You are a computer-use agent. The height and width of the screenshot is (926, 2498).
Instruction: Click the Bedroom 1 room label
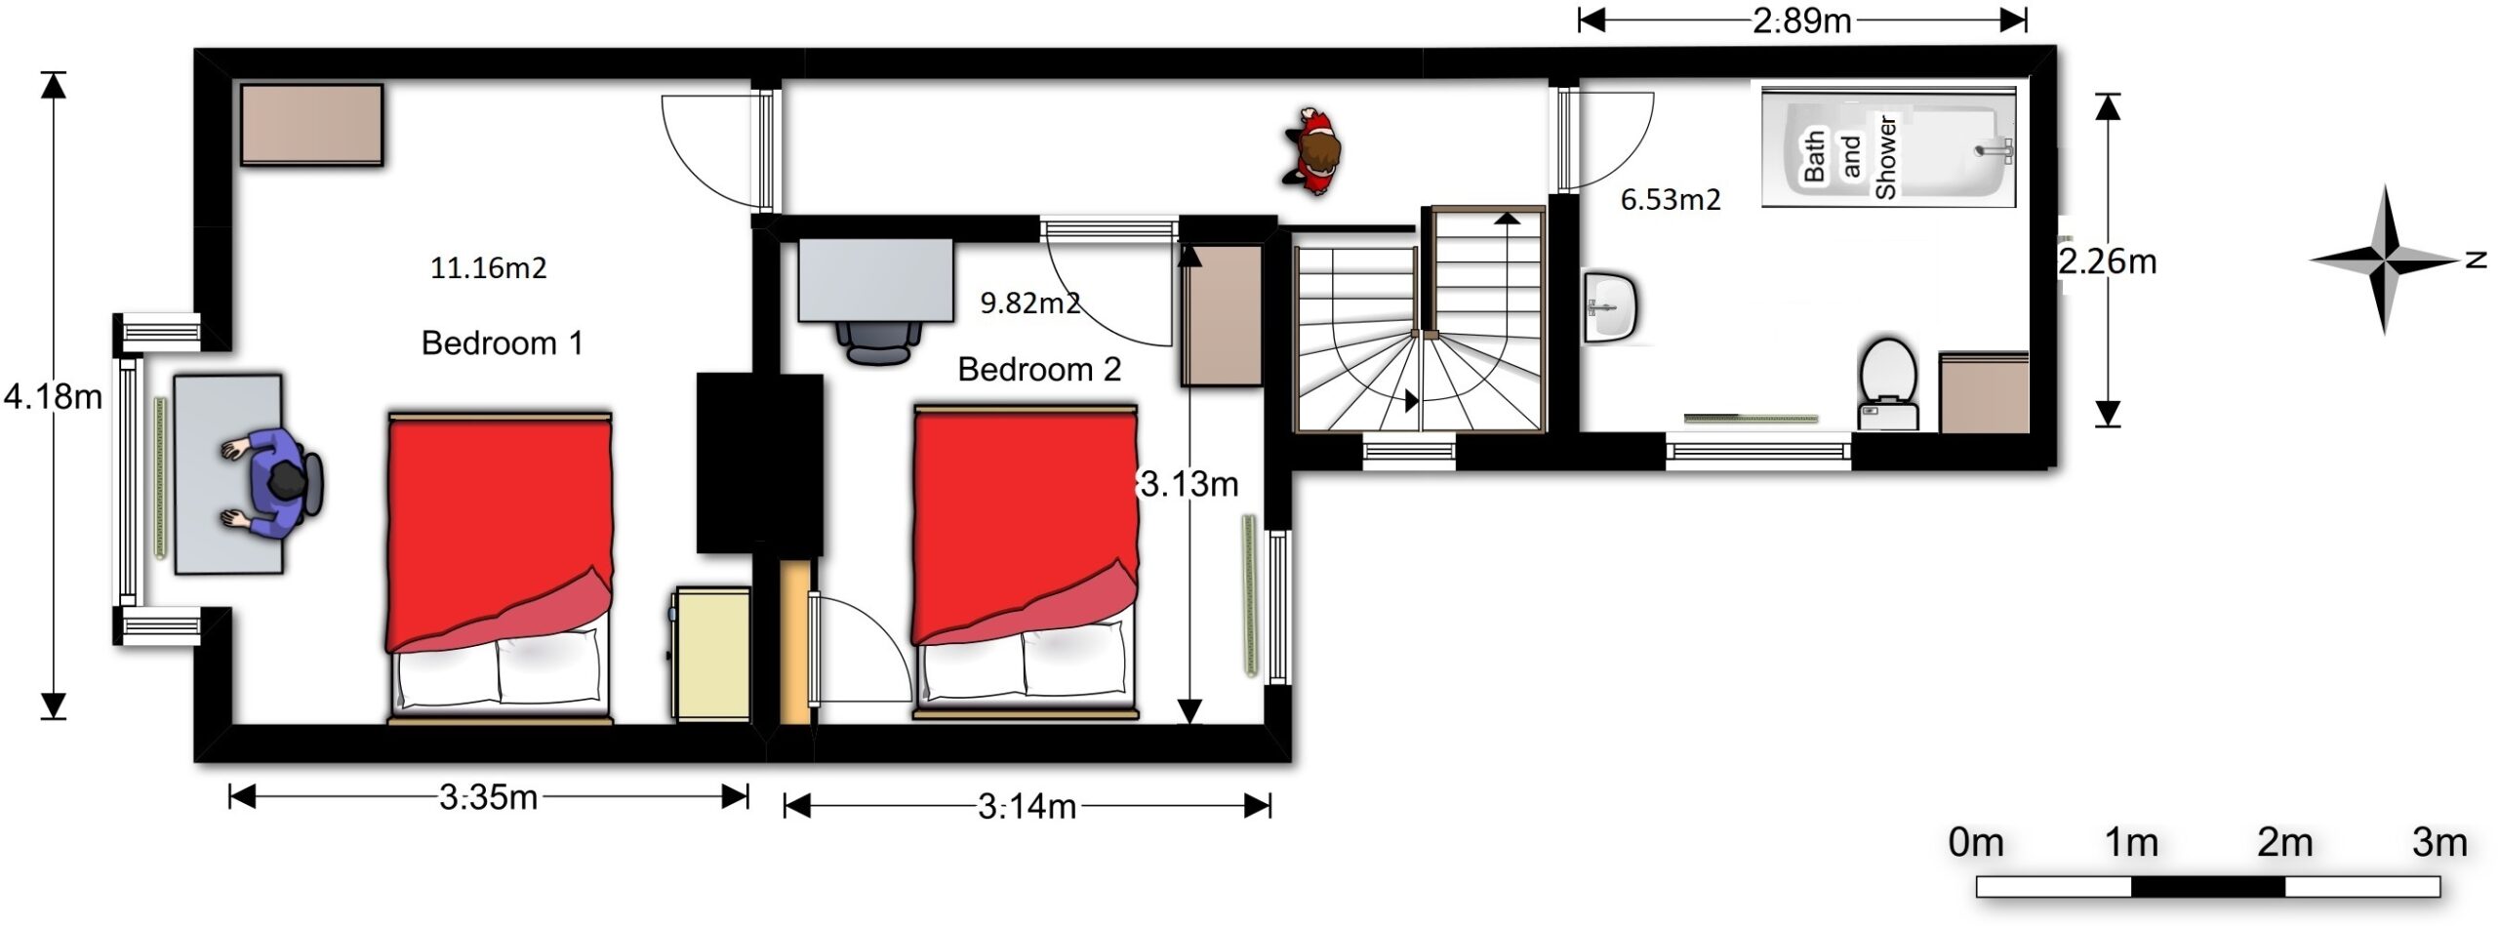502,343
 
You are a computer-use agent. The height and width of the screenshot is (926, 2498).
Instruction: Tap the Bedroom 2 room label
1039,370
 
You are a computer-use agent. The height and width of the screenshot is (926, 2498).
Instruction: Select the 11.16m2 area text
488,267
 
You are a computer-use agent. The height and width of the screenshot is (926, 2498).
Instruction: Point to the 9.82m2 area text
1029,302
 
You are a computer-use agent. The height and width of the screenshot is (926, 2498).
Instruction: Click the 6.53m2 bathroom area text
1671,200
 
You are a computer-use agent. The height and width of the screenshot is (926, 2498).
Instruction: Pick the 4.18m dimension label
53,397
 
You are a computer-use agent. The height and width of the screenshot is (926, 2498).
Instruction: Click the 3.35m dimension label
488,798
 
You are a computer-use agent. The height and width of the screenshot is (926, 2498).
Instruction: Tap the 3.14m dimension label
1027,807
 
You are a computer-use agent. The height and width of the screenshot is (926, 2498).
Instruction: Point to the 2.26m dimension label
2108,262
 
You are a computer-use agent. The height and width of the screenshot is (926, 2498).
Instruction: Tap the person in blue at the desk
272,484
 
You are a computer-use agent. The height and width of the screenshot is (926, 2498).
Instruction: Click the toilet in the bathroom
1888,383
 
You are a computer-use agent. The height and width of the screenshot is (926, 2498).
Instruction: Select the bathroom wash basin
1611,308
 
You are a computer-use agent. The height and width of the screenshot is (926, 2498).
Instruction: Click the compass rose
2385,261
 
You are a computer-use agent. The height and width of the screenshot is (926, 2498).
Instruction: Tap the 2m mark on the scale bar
2285,842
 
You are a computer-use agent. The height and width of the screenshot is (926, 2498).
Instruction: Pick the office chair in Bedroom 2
878,342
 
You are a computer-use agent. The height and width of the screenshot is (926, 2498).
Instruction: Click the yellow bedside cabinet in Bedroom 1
712,654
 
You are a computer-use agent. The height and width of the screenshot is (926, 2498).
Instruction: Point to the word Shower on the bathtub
1885,157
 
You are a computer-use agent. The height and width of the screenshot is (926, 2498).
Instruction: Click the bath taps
1994,149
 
